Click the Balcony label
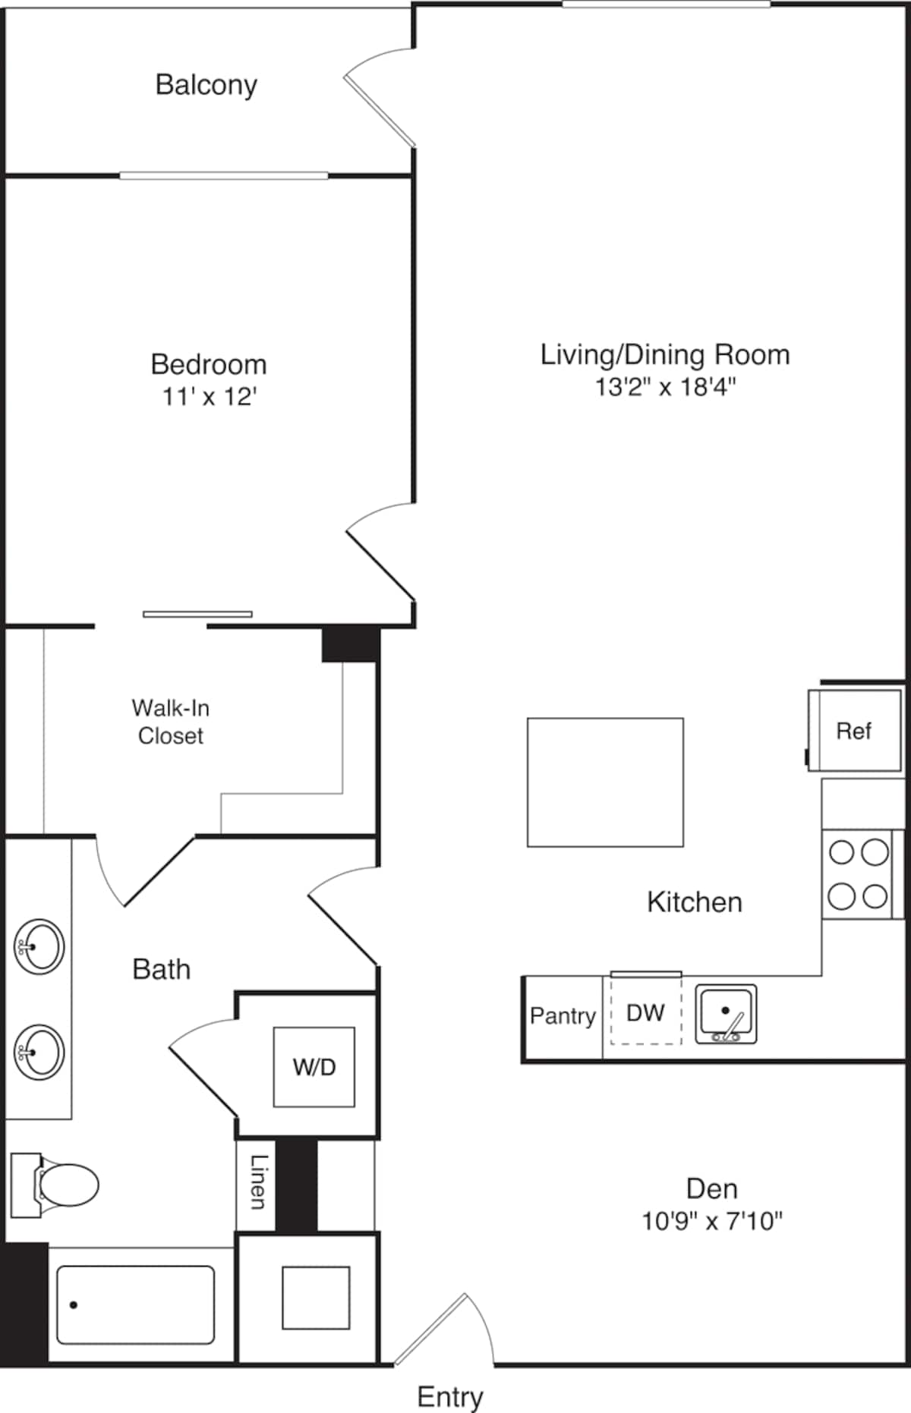[206, 85]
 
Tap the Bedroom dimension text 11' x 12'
[209, 397]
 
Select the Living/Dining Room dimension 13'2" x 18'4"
[665, 387]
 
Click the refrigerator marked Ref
[854, 731]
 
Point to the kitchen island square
[605, 782]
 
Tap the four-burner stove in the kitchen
[859, 874]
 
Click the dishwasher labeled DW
[645, 1012]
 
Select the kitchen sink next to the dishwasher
[726, 1014]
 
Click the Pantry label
[563, 1015]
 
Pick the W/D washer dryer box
[314, 1067]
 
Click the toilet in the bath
[57, 1185]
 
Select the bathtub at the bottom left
[135, 1304]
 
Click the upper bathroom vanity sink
[39, 946]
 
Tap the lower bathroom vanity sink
[39, 1052]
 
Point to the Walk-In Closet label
[171, 722]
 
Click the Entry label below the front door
[450, 1396]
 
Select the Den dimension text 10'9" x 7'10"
[711, 1221]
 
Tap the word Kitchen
[694, 902]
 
